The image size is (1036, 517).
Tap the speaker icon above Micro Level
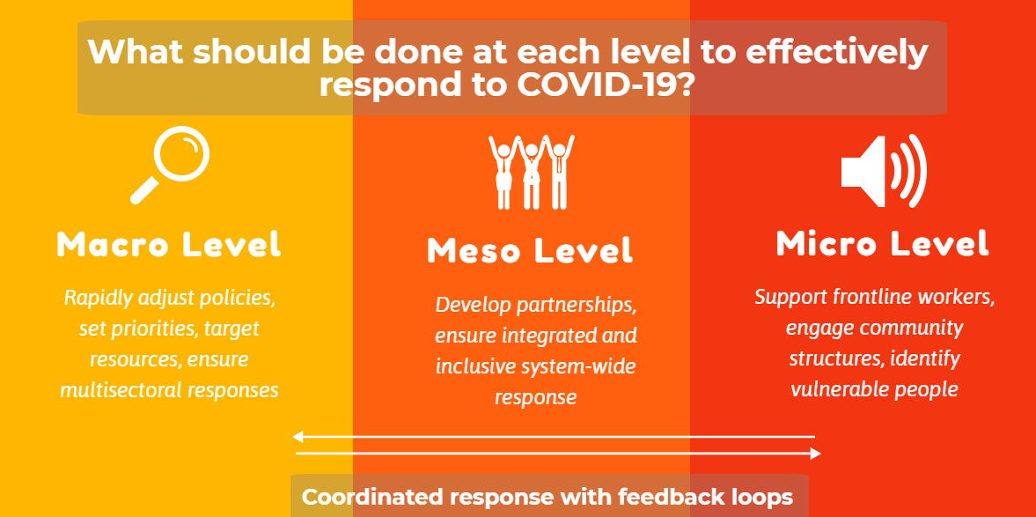884,171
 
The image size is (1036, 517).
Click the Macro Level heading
169,245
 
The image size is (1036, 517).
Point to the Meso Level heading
531,250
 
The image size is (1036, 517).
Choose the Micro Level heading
883,243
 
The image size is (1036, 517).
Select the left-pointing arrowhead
298,436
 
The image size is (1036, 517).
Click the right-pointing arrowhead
815,454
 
